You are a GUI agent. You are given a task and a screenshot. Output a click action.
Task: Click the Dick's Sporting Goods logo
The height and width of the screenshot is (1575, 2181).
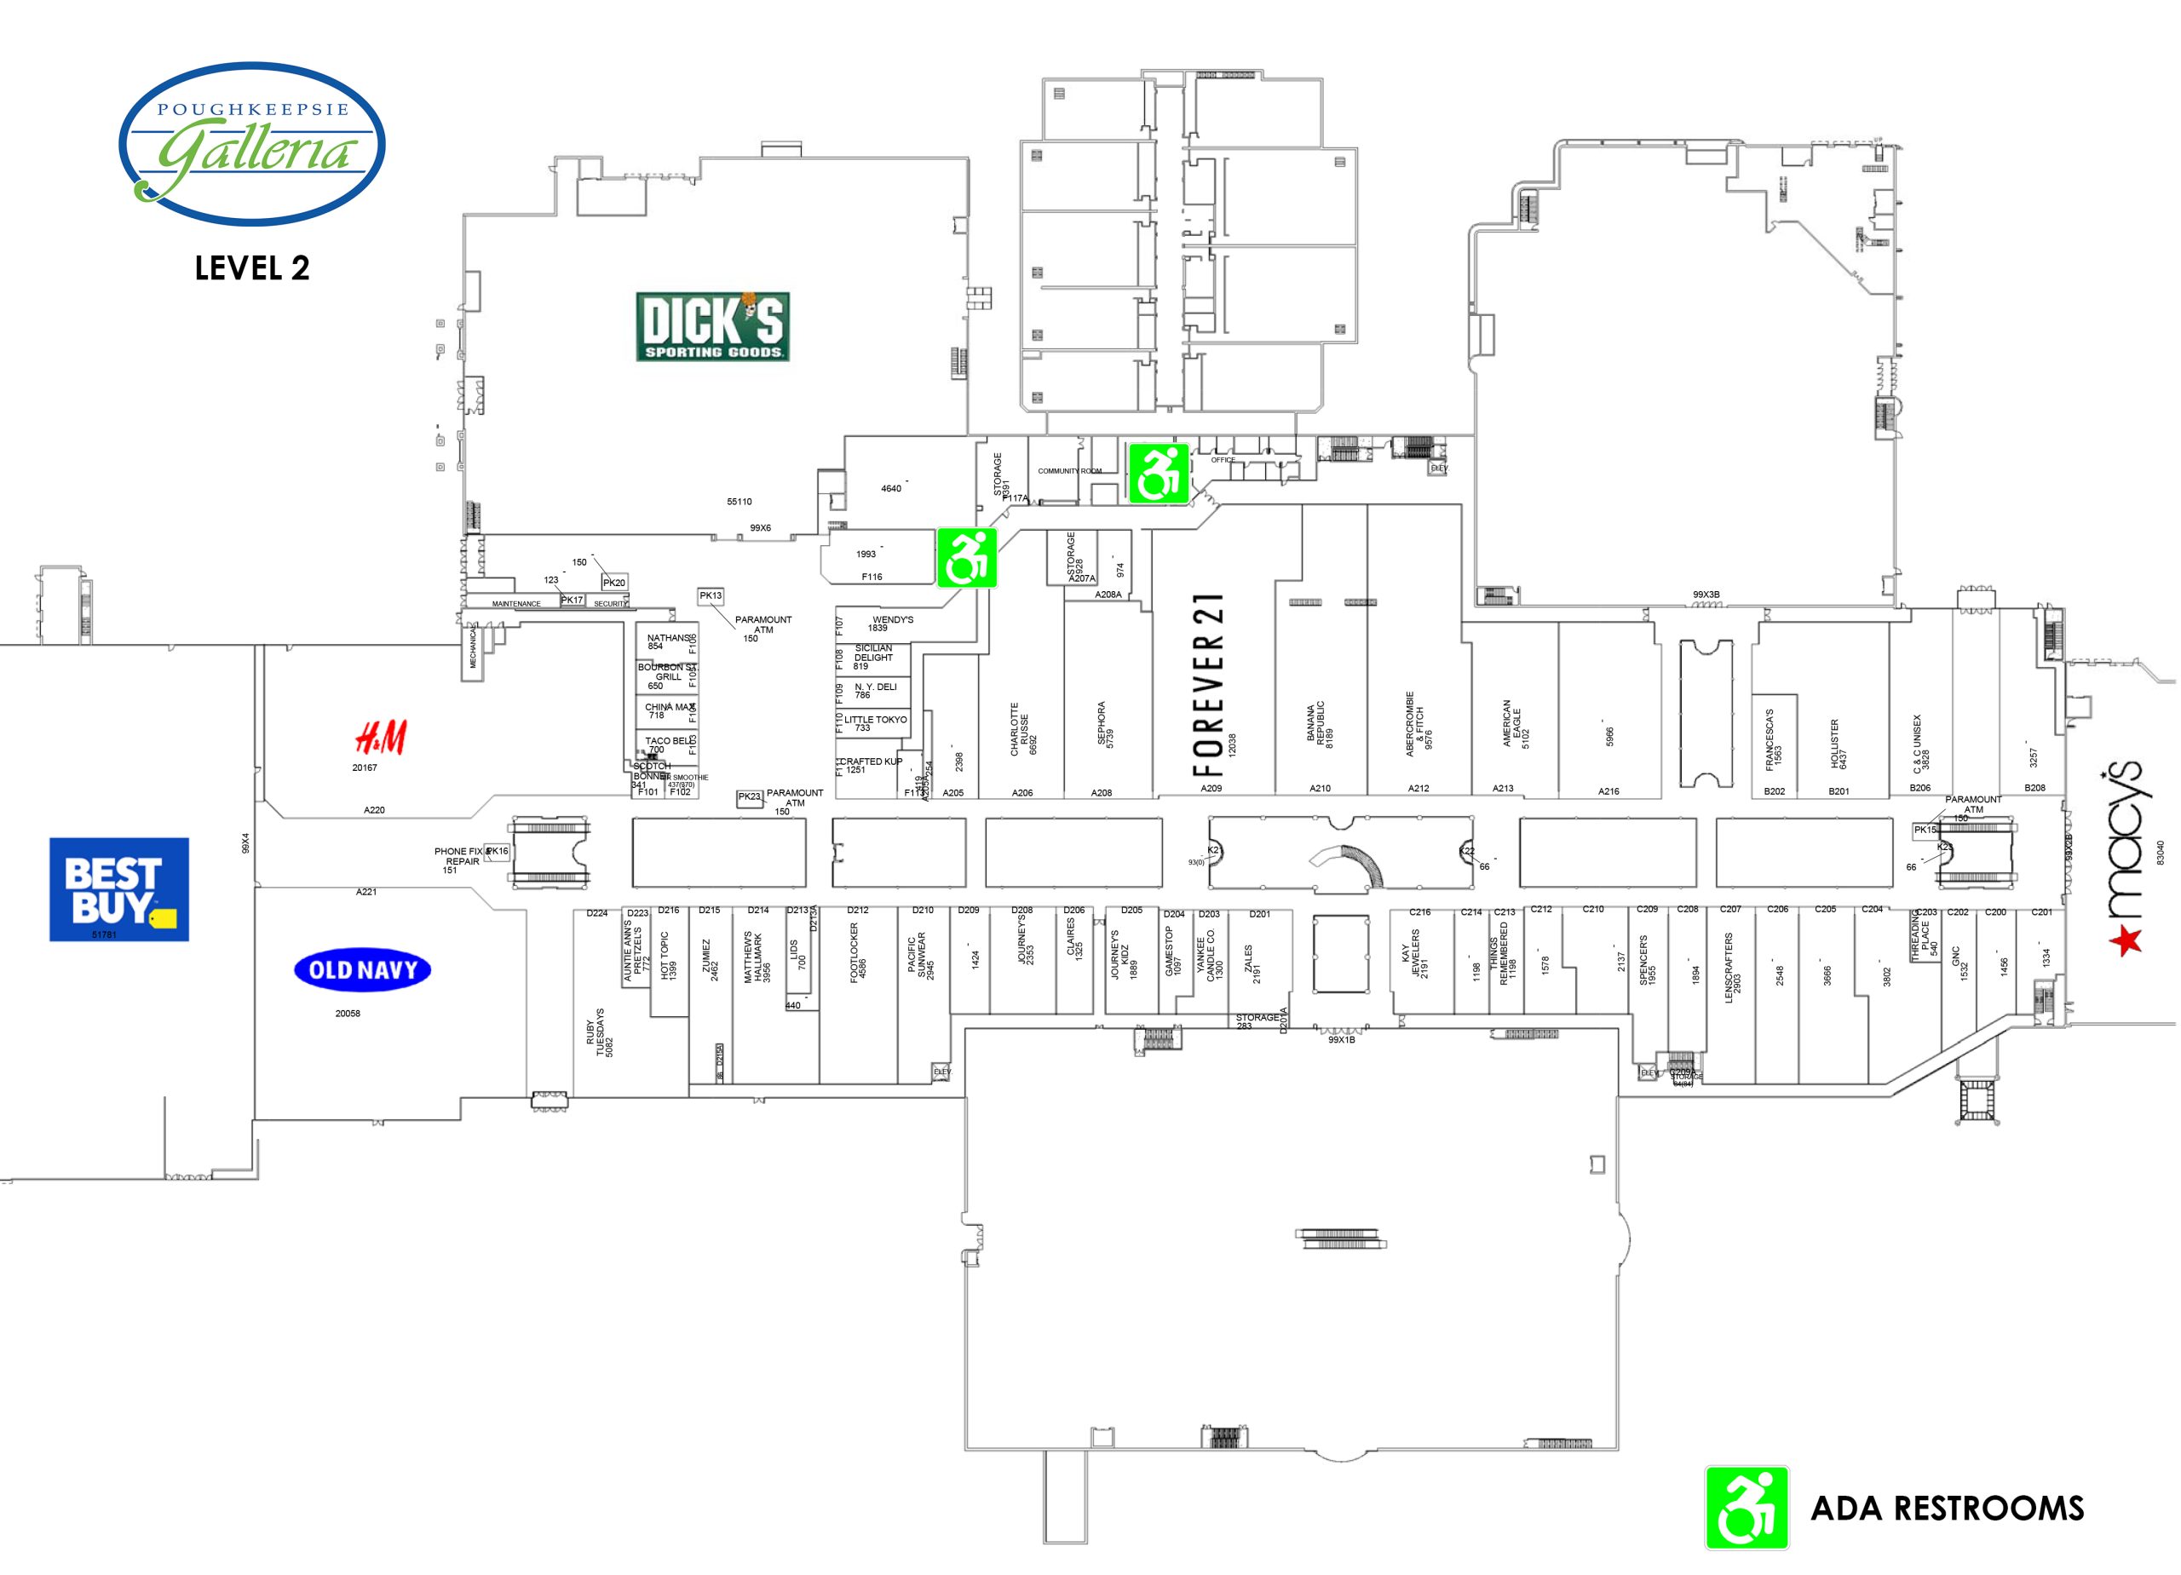point(711,327)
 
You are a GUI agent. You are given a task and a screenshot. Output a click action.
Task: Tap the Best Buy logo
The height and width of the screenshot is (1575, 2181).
point(118,888)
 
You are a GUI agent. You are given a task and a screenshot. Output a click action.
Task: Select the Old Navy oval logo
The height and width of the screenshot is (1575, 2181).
point(363,969)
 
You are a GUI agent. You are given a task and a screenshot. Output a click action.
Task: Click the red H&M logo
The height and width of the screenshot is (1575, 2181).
point(381,739)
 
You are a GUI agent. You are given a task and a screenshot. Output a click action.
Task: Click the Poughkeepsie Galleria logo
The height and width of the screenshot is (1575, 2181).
point(252,143)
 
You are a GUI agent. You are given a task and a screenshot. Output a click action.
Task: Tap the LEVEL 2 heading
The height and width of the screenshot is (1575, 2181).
point(252,268)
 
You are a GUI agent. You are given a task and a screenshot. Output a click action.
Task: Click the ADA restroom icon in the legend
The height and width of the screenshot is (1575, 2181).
point(1746,1507)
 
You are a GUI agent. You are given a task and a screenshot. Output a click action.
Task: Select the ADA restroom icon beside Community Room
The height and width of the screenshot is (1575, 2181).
point(1158,473)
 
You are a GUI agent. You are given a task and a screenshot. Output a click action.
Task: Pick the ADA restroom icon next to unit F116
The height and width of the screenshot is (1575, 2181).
point(966,558)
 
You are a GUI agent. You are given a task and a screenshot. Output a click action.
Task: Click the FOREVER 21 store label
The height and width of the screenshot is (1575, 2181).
point(1209,685)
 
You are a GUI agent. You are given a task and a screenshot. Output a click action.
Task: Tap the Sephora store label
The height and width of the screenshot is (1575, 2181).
point(1105,724)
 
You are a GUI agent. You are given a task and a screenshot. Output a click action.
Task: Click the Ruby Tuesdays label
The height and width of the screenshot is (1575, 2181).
point(599,1032)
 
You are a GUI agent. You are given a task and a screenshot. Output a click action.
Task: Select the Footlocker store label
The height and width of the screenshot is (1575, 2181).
point(857,952)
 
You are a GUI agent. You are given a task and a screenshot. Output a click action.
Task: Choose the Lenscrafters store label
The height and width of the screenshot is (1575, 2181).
point(1732,966)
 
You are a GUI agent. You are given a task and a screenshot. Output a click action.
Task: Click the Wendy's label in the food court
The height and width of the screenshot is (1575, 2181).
point(891,623)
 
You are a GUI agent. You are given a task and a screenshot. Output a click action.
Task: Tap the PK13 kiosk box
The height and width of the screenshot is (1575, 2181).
point(711,596)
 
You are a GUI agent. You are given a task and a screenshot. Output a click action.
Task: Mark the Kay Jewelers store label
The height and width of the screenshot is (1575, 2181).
point(1413,958)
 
